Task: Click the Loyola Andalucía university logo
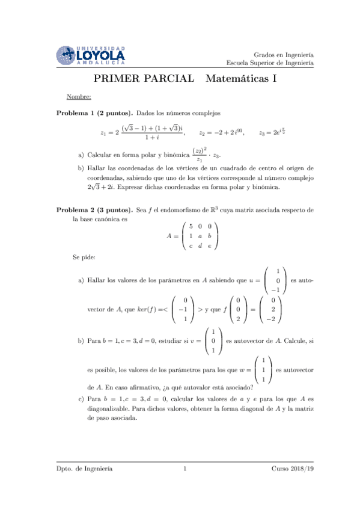coord(91,55)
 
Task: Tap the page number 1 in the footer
coord(186,468)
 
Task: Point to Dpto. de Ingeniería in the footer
coord(84,468)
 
